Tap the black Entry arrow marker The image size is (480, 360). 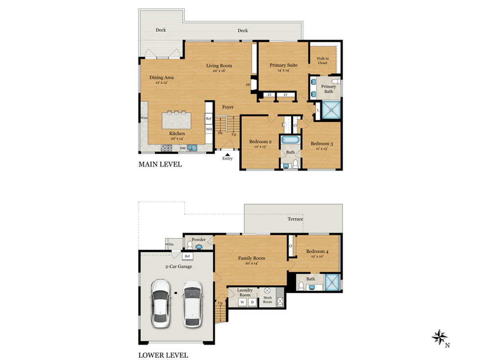pos(227,155)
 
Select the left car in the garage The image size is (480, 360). pos(160,304)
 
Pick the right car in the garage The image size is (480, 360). pos(192,304)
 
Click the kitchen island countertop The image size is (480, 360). pos(177,120)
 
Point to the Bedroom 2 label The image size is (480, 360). pos(260,142)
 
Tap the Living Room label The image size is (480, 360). pos(219,66)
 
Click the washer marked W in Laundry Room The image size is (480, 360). pos(242,302)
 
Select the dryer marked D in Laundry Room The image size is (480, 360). pos(252,302)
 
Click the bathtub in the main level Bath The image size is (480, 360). pos(290,140)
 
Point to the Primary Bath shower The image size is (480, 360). pos(331,110)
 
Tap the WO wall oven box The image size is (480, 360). pos(209,129)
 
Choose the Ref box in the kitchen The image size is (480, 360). pos(209,119)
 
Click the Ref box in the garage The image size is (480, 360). pos(187,256)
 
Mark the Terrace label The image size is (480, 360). pos(295,219)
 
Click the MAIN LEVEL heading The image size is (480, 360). pos(160,165)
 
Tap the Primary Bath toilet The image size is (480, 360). pos(337,81)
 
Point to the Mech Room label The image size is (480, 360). pos(267,300)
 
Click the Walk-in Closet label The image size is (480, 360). pos(323,61)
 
